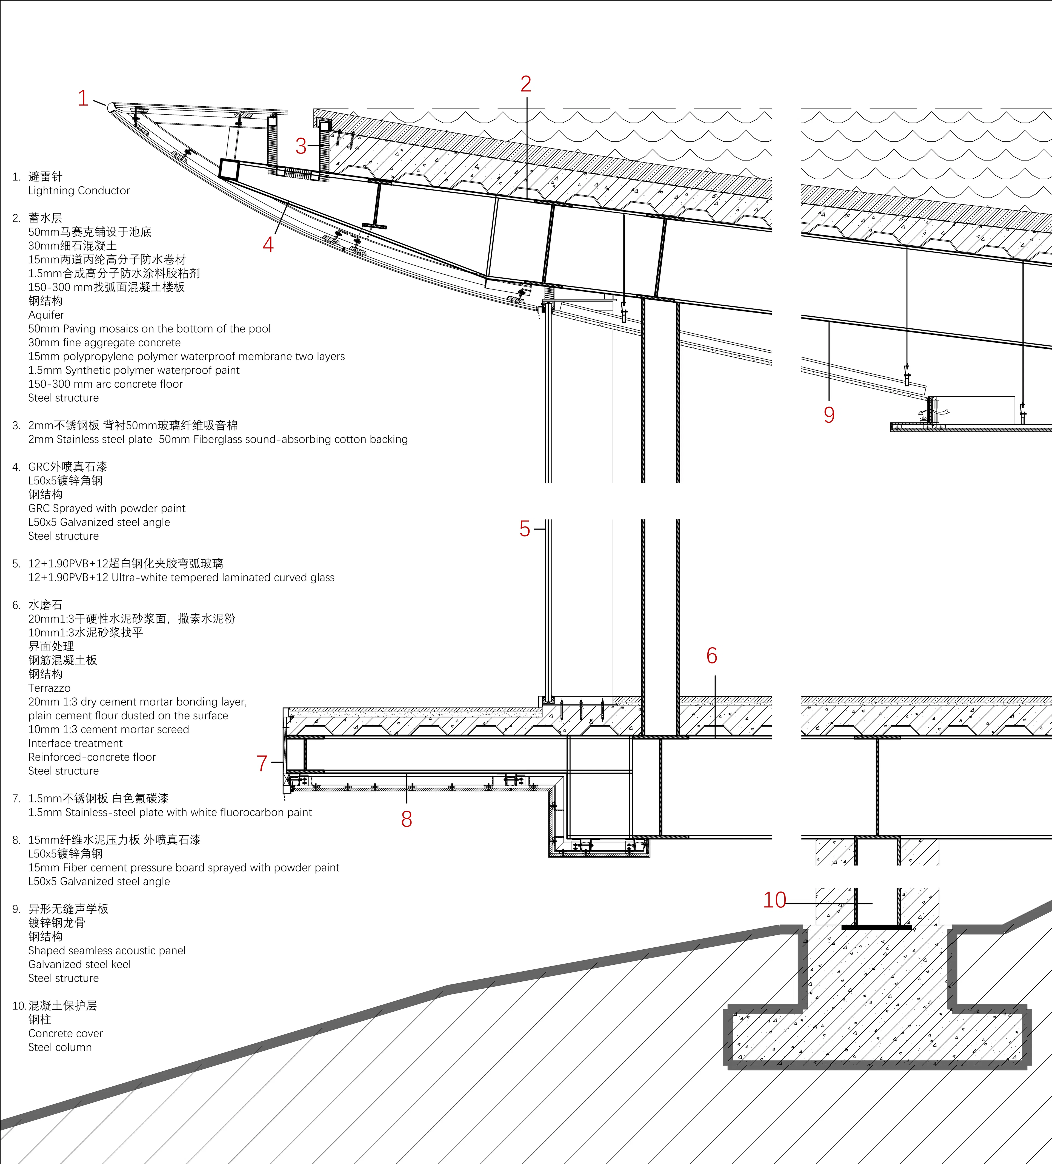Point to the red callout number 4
pos(268,245)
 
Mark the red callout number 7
pos(262,763)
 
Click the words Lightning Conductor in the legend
pos(79,191)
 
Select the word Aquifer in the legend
pos(46,315)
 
